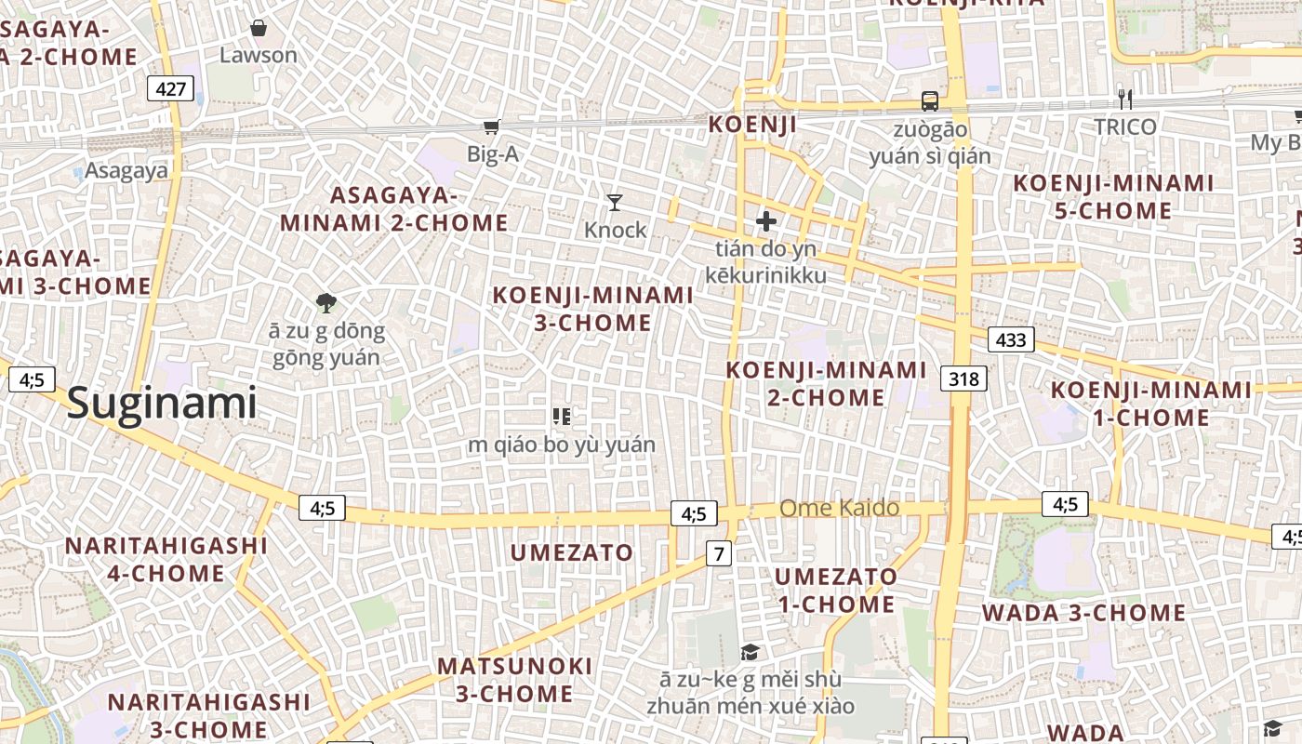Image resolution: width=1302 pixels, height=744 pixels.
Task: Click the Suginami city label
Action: click(x=162, y=404)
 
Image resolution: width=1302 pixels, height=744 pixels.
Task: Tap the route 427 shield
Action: click(x=171, y=90)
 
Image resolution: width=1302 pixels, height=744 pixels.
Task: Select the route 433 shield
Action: click(x=1011, y=339)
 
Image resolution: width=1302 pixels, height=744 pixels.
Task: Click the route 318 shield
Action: click(x=964, y=379)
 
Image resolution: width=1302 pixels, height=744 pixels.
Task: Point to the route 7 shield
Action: click(x=719, y=554)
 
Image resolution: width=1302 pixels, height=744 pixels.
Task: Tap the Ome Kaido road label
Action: click(x=839, y=508)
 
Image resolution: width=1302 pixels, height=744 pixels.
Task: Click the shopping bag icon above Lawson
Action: click(x=259, y=28)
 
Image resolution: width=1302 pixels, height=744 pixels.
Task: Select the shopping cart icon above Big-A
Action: click(x=491, y=127)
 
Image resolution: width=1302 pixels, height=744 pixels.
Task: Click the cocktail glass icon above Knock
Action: click(x=615, y=202)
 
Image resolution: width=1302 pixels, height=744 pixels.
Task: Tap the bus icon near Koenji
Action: click(x=929, y=101)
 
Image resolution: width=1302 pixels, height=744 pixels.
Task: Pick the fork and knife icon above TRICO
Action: click(x=1125, y=100)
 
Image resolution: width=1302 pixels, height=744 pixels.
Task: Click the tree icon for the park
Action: click(x=325, y=302)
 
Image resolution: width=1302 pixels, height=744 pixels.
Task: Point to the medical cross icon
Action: click(x=766, y=221)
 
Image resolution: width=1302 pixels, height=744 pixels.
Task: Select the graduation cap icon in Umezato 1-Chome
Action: click(x=750, y=652)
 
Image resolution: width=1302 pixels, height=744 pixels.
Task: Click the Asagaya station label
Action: click(x=126, y=170)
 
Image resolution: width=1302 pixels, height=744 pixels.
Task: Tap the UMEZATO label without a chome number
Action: click(x=572, y=552)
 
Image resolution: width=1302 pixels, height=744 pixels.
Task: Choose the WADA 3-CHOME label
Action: click(x=1084, y=613)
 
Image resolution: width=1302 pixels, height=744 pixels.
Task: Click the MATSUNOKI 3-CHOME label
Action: click(x=514, y=680)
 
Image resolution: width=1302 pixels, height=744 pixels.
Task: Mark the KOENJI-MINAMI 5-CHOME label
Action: click(x=1113, y=196)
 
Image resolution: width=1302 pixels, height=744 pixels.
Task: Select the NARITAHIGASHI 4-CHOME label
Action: click(x=166, y=559)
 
